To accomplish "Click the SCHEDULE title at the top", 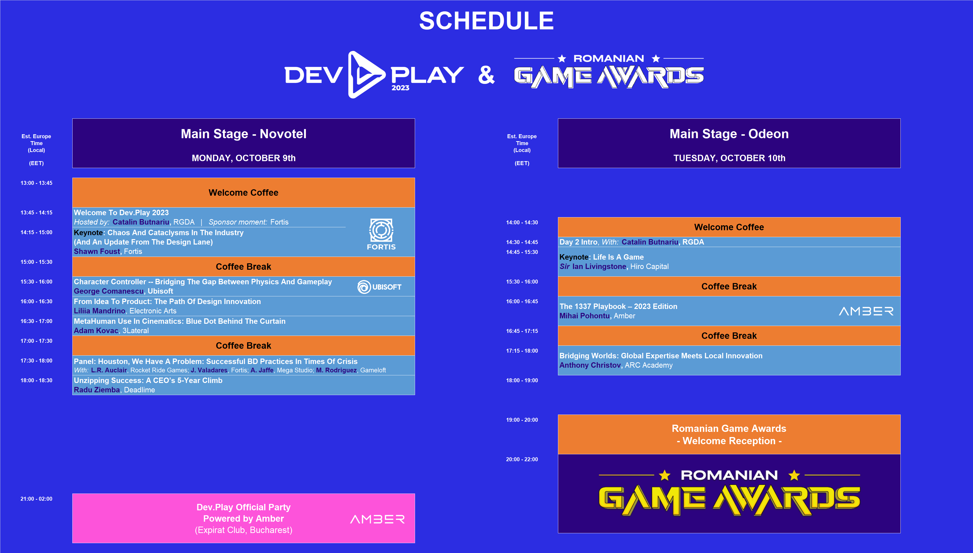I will (486, 21).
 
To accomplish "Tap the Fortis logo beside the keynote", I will (381, 234).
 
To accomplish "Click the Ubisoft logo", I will (379, 287).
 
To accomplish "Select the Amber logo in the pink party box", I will (377, 519).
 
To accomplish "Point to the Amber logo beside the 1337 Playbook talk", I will (866, 311).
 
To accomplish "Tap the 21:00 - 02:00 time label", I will (37, 499).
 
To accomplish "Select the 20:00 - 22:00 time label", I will (522, 459).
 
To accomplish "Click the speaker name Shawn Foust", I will (97, 251).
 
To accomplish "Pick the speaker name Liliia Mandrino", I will (99, 311).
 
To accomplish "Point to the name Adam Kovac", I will (96, 330).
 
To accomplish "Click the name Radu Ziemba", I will (97, 390).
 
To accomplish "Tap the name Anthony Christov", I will (590, 365).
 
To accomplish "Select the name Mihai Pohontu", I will (584, 316).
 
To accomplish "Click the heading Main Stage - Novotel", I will (243, 134).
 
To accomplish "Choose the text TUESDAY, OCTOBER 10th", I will (729, 158).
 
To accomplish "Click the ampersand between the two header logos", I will (486, 75).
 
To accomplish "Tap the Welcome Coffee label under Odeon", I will (729, 227).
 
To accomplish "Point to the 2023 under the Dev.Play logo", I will (400, 88).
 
